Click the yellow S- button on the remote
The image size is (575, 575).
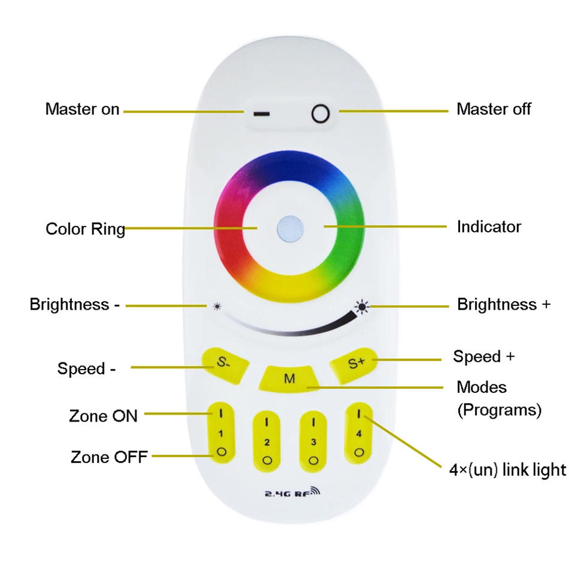pyautogui.click(x=224, y=363)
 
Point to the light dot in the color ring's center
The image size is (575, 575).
pyautogui.click(x=290, y=228)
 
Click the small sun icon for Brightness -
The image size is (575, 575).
pyautogui.click(x=216, y=306)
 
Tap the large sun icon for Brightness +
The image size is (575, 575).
pyautogui.click(x=362, y=307)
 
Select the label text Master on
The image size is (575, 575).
pyautogui.click(x=82, y=110)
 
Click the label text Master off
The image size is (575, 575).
pyautogui.click(x=494, y=109)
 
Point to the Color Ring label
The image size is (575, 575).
pyautogui.click(x=85, y=229)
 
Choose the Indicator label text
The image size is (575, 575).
pyautogui.click(x=489, y=227)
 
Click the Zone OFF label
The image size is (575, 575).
pyautogui.click(x=108, y=457)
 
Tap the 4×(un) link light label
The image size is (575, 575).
pyautogui.click(x=507, y=470)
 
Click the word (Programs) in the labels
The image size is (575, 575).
pyautogui.click(x=499, y=410)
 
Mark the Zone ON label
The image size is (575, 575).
pyautogui.click(x=103, y=416)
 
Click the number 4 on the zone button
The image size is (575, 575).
pyautogui.click(x=359, y=434)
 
